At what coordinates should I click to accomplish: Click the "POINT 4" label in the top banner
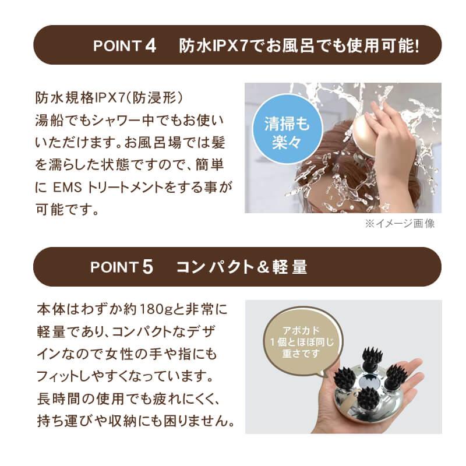pyautogui.click(x=125, y=45)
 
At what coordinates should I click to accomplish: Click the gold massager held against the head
pyautogui.click(x=365, y=132)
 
